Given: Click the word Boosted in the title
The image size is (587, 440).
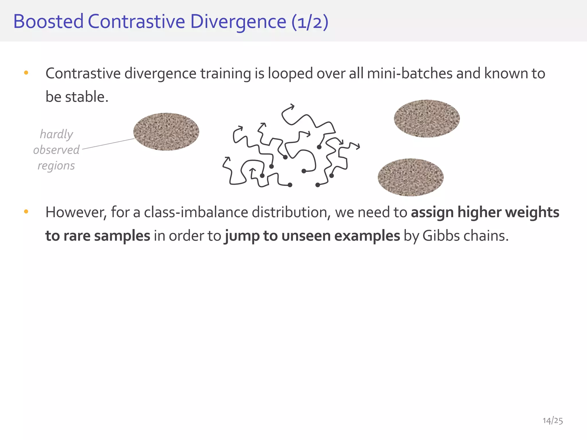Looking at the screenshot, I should click(48, 22).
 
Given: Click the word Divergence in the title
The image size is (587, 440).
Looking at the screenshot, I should click(238, 22).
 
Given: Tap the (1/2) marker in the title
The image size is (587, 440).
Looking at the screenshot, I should click(310, 22).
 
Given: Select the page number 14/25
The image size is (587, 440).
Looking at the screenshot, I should click(553, 421).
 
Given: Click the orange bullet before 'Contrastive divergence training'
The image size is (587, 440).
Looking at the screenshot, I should click(26, 73).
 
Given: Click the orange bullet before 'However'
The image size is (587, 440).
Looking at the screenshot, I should click(26, 212).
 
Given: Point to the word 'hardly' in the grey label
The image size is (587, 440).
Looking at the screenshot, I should click(56, 134).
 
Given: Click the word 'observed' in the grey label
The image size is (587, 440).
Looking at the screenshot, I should click(56, 150).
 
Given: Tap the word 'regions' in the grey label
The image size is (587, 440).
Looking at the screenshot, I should click(56, 166).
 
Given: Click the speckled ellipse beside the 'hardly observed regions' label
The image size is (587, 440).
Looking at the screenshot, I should click(166, 132).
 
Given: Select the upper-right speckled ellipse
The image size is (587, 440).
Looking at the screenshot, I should click(427, 119).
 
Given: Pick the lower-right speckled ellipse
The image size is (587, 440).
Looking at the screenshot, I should click(410, 177).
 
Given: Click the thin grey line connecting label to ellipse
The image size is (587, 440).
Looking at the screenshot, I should click(108, 144).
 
